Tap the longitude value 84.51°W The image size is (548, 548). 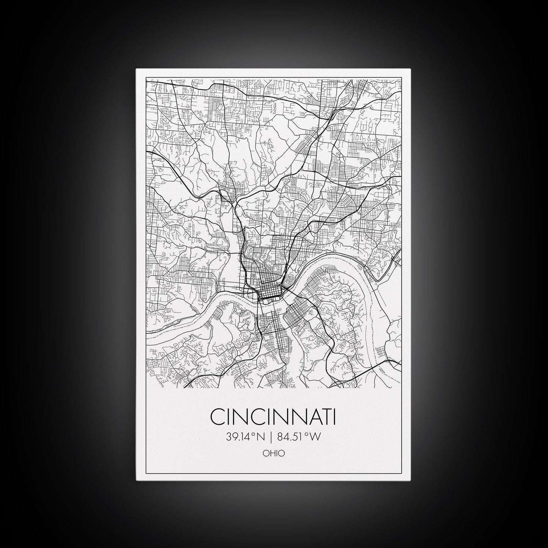[x=299, y=437]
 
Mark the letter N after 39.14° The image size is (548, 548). [x=261, y=437]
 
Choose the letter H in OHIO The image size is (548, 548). [x=272, y=453]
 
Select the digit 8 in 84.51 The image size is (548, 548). [x=281, y=437]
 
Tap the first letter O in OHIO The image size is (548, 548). [x=265, y=453]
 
